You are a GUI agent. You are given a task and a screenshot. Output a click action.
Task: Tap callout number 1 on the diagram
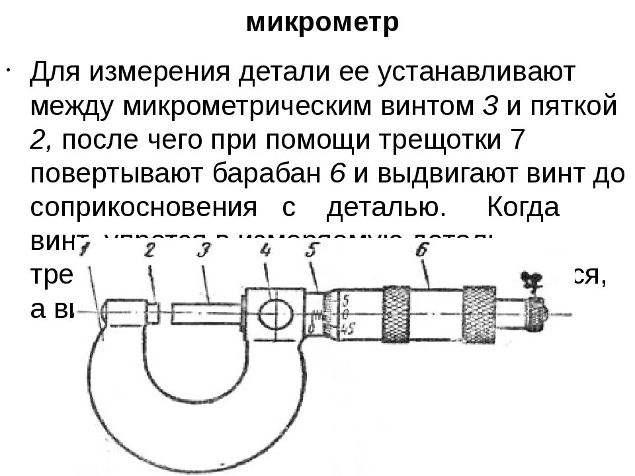[85, 251]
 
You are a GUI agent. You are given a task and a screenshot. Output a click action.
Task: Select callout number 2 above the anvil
[149, 250]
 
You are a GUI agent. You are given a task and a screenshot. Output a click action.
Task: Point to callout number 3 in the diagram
[204, 250]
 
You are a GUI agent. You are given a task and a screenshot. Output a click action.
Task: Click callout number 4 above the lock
[266, 250]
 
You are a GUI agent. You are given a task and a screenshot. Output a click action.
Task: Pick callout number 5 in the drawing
[312, 250]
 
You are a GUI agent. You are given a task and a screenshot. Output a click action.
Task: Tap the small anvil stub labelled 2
[151, 312]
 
